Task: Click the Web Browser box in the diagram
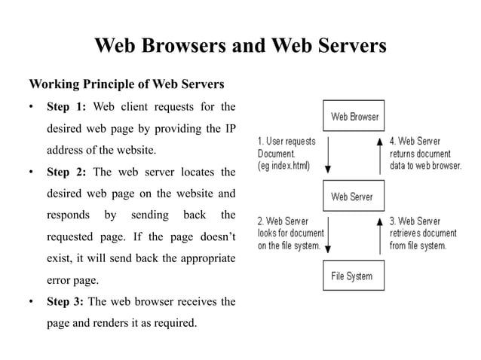coord(354,117)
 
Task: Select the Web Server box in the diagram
coord(352,197)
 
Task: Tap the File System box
coord(352,276)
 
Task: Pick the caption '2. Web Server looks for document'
coord(290,233)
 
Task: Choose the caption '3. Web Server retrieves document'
coord(419,233)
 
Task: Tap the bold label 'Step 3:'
coord(66,302)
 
